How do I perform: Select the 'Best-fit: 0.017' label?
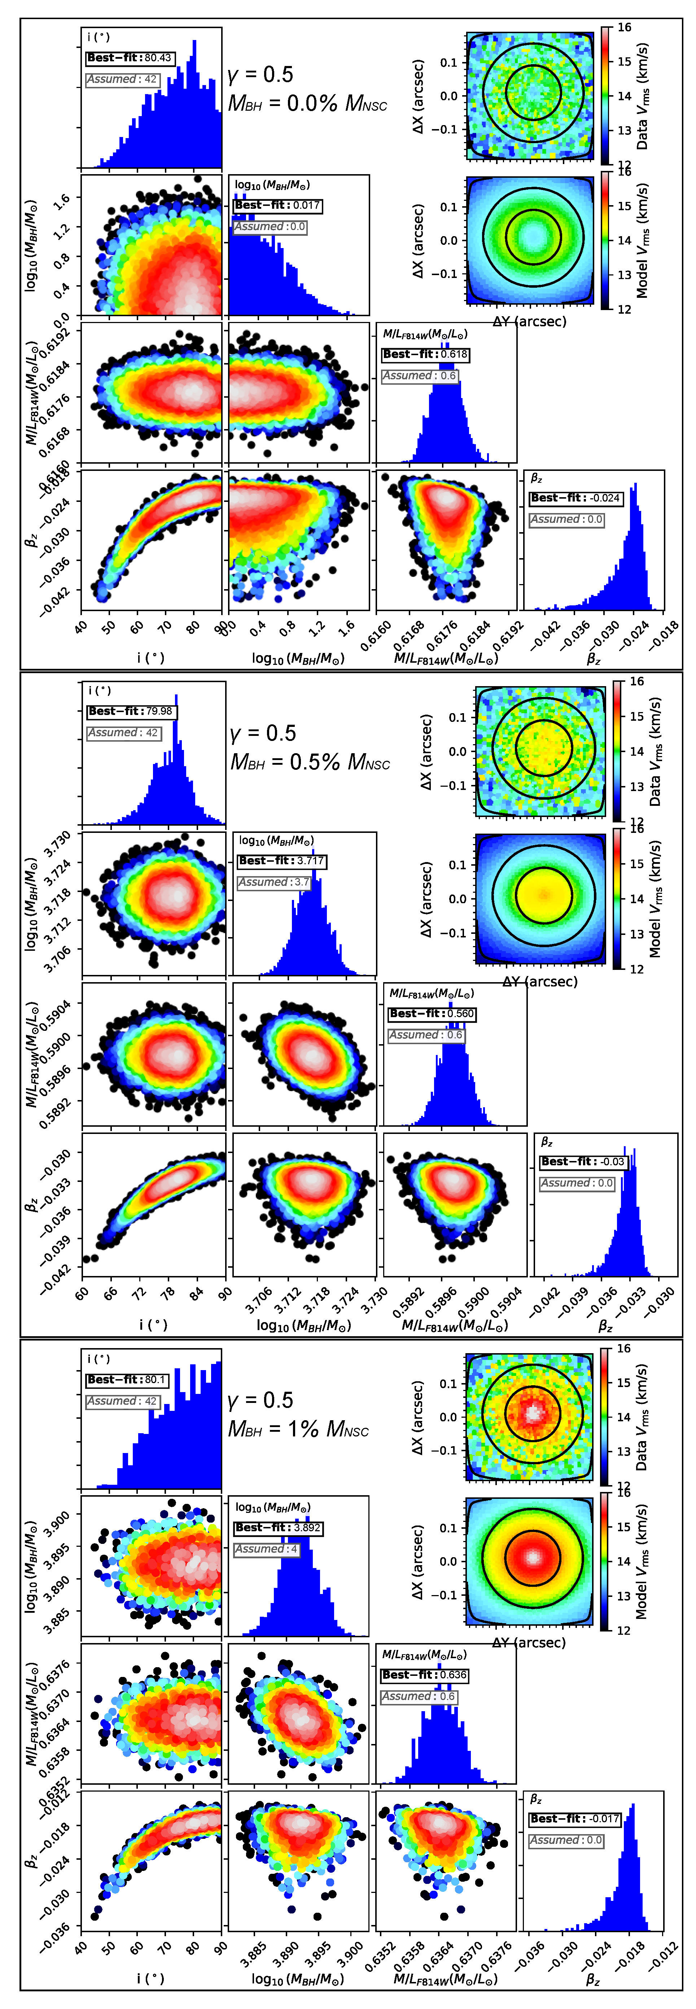pyautogui.click(x=277, y=205)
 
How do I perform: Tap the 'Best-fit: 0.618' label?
pyautogui.click(x=425, y=354)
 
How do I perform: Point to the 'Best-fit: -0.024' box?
pyautogui.click(x=576, y=498)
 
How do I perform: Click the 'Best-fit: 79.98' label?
pyautogui.click(x=131, y=711)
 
